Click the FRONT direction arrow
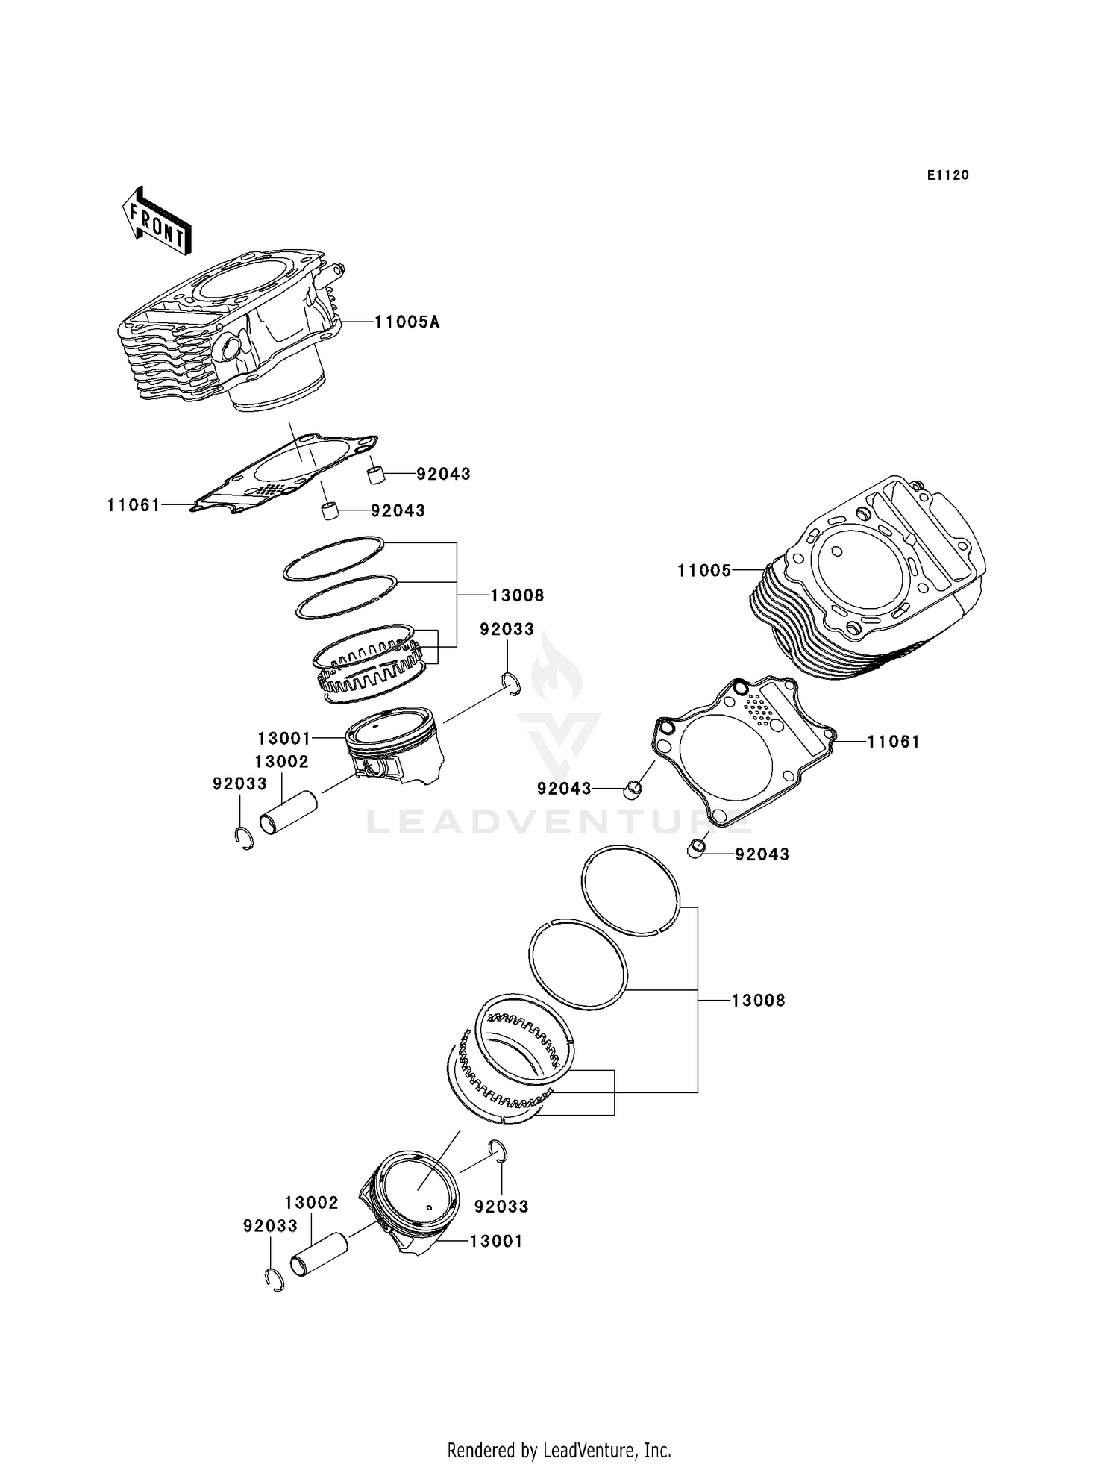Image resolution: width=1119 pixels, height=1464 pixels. pyautogui.click(x=157, y=222)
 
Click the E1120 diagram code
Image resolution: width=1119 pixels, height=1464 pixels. pyautogui.click(x=947, y=175)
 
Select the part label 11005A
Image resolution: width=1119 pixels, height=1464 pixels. pyautogui.click(x=407, y=322)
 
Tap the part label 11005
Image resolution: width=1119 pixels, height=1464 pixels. pyautogui.click(x=703, y=571)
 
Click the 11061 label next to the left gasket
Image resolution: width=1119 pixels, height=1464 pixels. pyautogui.click(x=134, y=506)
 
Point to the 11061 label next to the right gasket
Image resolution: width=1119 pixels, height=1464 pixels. pyautogui.click(x=893, y=742)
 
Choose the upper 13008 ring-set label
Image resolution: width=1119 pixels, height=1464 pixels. pyautogui.click(x=517, y=595)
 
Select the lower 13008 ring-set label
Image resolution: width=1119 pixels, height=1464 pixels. pyautogui.click(x=758, y=1001)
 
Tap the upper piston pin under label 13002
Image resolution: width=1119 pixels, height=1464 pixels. pyautogui.click(x=288, y=815)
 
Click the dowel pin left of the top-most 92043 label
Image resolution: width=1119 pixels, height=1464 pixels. pyautogui.click(x=375, y=475)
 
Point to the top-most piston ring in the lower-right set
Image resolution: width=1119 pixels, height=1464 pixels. pyautogui.click(x=630, y=889)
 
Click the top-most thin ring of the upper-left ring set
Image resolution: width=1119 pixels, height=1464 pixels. pyautogui.click(x=333, y=557)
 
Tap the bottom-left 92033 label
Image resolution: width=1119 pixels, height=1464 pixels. pyautogui.click(x=270, y=1226)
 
